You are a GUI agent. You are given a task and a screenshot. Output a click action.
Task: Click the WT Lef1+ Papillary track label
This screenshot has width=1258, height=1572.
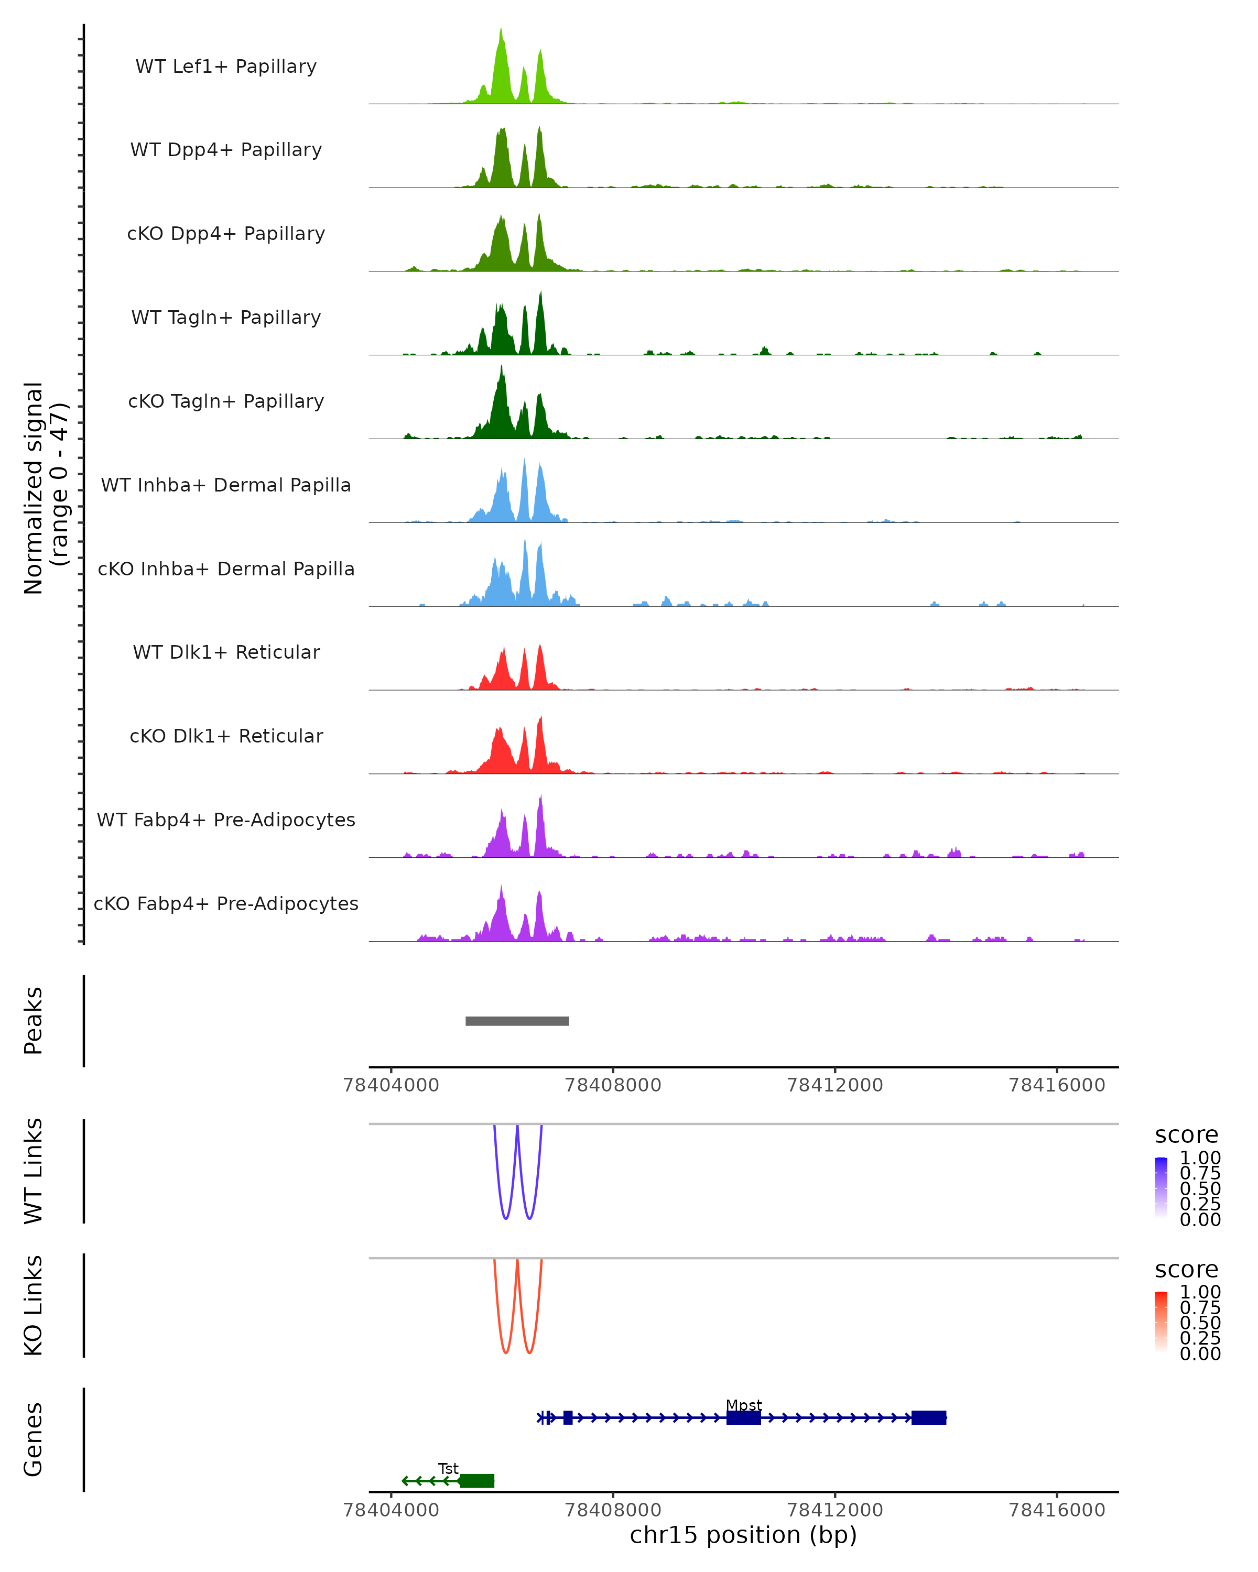(x=226, y=67)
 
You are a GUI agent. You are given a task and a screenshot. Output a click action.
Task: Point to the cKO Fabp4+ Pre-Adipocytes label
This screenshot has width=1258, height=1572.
(x=226, y=903)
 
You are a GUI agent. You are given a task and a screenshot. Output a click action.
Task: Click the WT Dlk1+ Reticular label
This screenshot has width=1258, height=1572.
(x=226, y=652)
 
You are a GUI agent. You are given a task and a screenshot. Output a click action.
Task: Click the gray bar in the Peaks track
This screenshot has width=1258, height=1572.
(x=517, y=1021)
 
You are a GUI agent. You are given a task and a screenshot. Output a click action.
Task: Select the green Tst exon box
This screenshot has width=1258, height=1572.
(x=477, y=1480)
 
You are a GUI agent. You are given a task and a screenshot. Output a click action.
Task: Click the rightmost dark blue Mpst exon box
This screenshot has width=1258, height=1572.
(x=928, y=1417)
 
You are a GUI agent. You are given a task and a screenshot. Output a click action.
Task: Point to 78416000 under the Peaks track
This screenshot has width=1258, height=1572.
(x=1057, y=1085)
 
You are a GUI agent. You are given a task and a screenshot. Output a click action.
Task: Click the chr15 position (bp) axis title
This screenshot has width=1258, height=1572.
(x=743, y=1535)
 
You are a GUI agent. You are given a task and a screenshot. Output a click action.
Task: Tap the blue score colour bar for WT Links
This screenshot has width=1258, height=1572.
(x=1161, y=1188)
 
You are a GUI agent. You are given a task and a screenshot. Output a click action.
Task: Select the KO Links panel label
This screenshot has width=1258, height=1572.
(x=34, y=1305)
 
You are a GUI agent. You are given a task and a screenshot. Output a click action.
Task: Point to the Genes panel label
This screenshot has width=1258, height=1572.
(x=34, y=1439)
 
